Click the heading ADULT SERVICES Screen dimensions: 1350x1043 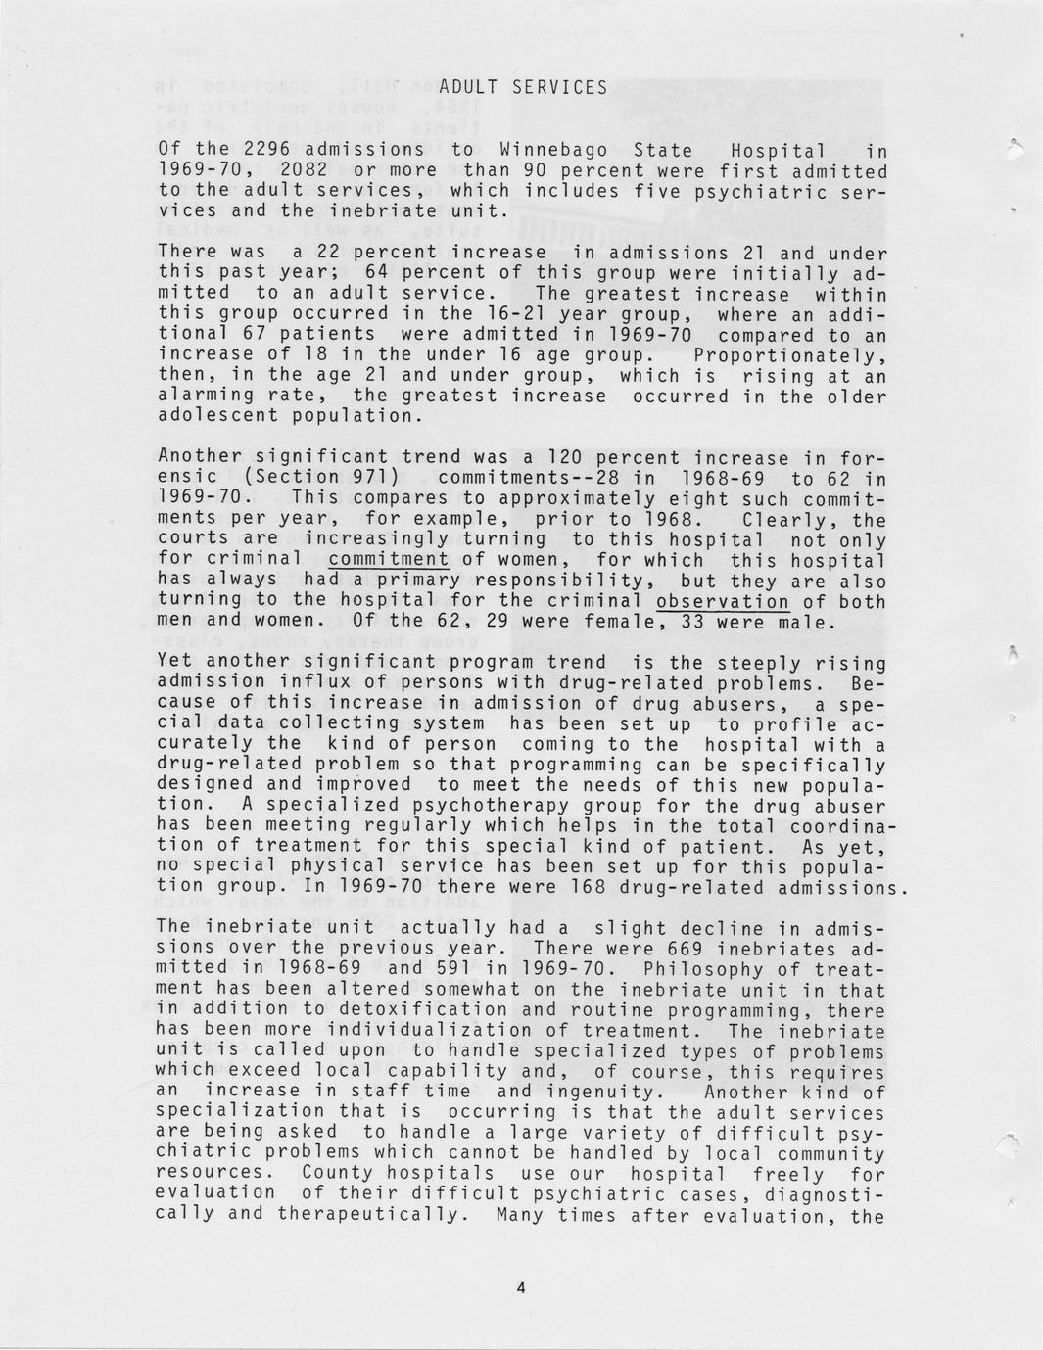click(523, 88)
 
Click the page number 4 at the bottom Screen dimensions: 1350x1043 click(521, 1288)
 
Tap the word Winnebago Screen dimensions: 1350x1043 click(553, 151)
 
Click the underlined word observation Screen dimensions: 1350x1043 click(723, 601)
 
